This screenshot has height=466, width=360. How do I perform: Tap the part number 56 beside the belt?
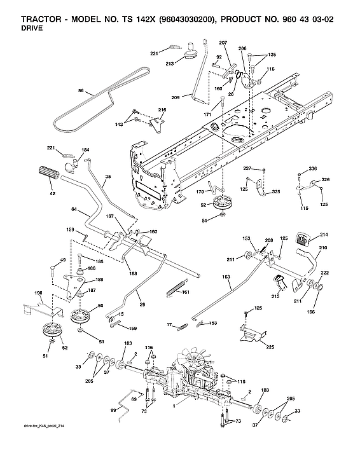click(x=80, y=91)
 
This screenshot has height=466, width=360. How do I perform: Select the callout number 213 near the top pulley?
click(x=169, y=64)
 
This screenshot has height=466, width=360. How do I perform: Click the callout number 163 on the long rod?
click(x=226, y=278)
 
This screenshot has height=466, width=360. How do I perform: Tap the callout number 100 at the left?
click(x=38, y=293)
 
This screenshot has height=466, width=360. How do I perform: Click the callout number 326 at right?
click(x=325, y=180)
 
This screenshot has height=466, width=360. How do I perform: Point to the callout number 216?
click(x=162, y=110)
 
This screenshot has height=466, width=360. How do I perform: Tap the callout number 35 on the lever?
click(x=107, y=176)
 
